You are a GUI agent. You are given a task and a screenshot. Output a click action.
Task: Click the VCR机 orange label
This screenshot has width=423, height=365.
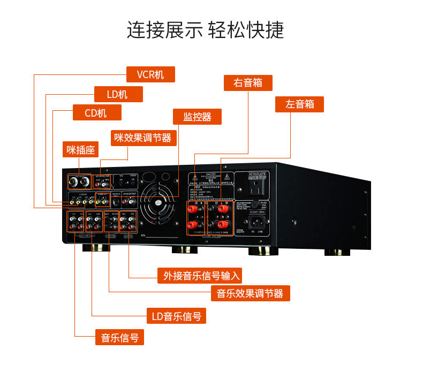pos(150,74)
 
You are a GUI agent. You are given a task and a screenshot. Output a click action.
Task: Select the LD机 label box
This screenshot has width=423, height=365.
pos(118,94)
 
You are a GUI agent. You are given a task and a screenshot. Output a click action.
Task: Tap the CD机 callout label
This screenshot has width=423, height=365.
pos(97,112)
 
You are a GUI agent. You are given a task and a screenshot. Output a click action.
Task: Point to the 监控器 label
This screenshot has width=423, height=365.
pos(197,117)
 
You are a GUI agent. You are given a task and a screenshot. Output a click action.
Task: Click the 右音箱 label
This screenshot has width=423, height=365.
pos(248,83)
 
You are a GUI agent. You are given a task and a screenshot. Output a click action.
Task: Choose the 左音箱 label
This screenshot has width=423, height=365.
pos(299,104)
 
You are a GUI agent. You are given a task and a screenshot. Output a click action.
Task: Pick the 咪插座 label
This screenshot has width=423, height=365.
pos(81,150)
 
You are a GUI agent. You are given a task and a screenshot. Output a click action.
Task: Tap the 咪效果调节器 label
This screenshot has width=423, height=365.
pos(143,138)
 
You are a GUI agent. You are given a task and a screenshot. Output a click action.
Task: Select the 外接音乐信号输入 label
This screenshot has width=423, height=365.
pos(199,275)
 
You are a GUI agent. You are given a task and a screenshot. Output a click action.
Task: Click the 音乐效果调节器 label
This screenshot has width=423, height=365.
pos(250,293)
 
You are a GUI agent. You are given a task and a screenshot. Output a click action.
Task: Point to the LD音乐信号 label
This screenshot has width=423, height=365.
pos(176,316)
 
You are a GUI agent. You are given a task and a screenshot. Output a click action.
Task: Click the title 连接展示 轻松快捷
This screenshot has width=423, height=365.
pos(206,29)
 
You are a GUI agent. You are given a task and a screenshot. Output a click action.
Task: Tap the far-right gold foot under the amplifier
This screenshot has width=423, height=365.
pos(336,252)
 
